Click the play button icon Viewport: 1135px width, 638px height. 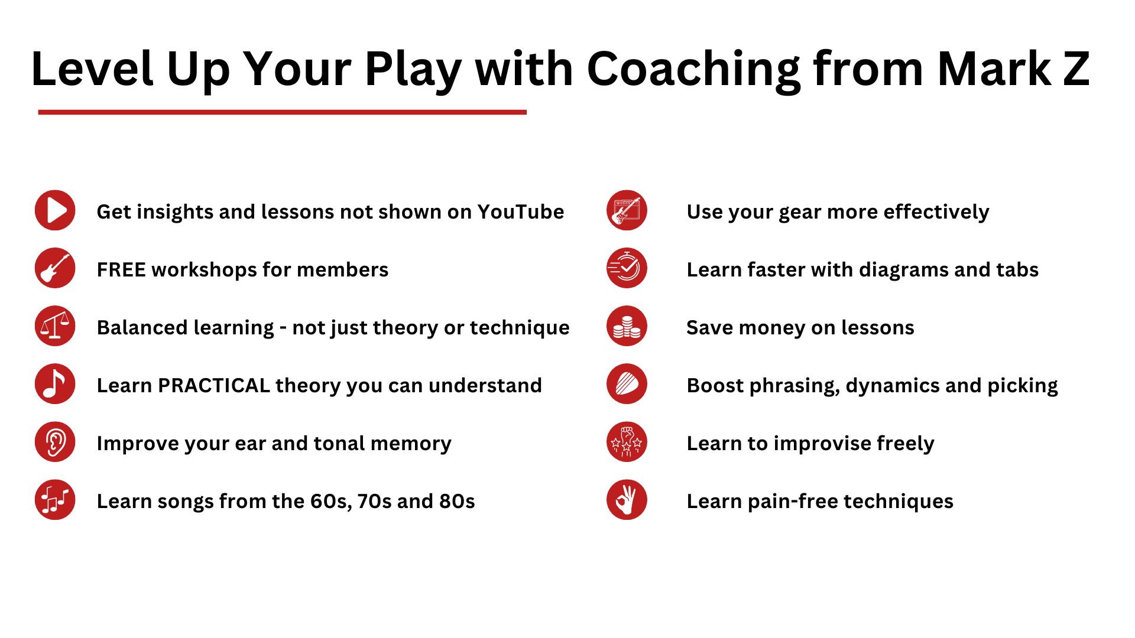(55, 210)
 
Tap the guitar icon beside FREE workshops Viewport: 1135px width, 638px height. (55, 268)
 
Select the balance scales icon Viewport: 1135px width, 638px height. (55, 326)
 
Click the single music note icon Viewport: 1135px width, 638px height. (55, 384)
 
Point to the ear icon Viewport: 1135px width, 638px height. (55, 442)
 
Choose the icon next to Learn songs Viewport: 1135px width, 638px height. (55, 500)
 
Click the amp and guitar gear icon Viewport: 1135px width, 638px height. (627, 210)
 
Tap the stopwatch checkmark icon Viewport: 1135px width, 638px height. (627, 268)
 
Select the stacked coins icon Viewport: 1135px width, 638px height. (627, 326)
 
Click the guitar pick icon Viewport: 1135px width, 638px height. (627, 384)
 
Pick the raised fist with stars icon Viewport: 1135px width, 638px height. (627, 442)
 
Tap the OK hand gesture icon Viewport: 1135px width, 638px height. (627, 500)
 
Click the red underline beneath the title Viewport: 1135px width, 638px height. (282, 112)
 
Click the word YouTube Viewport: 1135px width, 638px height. (521, 211)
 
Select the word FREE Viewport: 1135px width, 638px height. (121, 269)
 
